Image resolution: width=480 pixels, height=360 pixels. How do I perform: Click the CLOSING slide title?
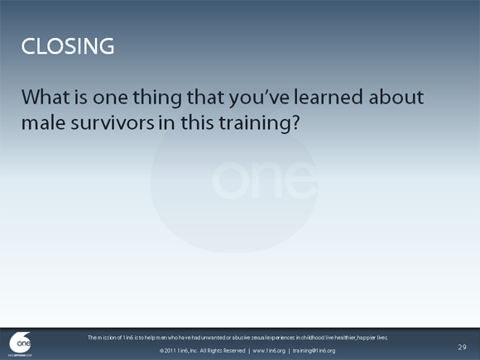68,46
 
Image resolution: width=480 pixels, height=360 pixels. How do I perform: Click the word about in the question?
395,98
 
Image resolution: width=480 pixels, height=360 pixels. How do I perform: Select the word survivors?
110,124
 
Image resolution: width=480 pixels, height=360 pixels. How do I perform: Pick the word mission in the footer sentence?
110,338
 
